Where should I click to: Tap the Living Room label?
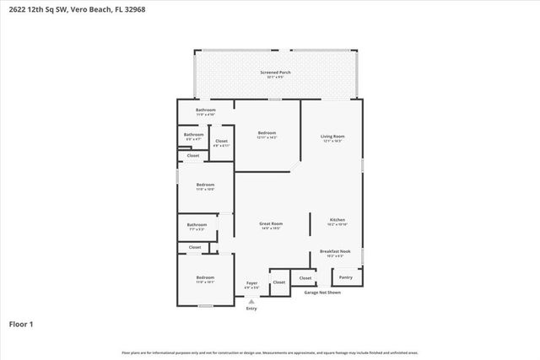[332, 137]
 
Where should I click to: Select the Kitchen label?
[337, 220]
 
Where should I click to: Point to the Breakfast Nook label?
[340, 250]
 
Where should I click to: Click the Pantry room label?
[345, 277]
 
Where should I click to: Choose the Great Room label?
[270, 223]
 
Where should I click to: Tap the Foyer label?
[251, 283]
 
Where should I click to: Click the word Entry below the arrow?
[251, 309]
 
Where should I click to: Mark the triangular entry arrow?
[251, 300]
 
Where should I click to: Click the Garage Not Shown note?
[322, 293]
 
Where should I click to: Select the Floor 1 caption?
[20, 324]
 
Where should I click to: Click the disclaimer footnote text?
[270, 352]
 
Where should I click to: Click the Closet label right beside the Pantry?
[305, 277]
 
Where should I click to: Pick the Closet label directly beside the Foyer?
[279, 282]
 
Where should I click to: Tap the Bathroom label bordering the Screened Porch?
[206, 110]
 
